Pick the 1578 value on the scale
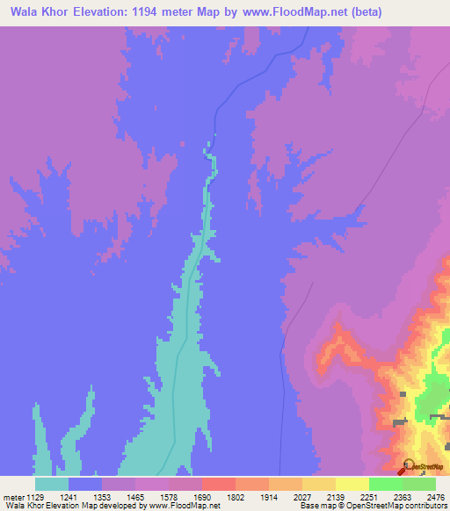(180, 496)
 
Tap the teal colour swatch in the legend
(52, 484)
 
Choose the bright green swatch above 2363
(386, 484)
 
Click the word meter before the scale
(14, 496)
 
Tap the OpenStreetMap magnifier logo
(409, 466)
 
